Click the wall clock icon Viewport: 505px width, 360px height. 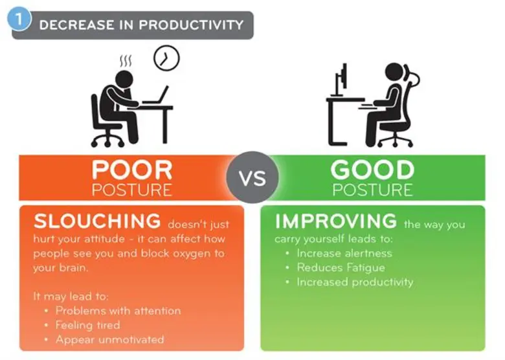click(166, 59)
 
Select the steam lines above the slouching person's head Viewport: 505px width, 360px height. click(125, 61)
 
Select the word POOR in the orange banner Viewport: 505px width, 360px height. click(132, 170)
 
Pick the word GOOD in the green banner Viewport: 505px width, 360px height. click(372, 170)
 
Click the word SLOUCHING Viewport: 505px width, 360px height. click(97, 221)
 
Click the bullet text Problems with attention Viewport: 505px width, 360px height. click(118, 311)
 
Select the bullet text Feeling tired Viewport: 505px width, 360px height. click(87, 325)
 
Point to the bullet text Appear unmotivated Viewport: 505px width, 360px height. click(109, 339)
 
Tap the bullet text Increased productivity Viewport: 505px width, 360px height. click(355, 282)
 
